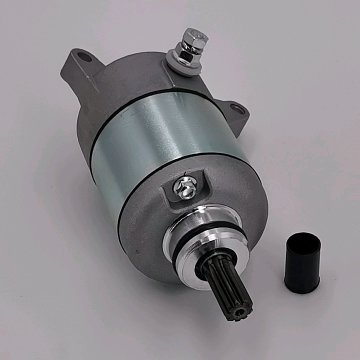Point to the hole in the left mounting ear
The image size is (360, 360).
[85, 57]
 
